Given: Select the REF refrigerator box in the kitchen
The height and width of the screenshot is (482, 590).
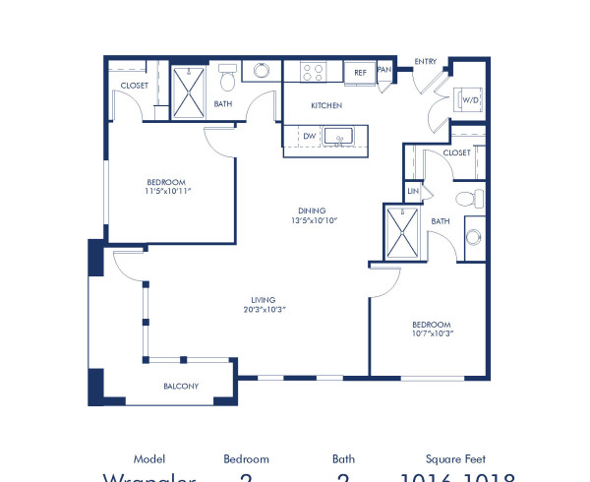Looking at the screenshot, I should click(360, 73).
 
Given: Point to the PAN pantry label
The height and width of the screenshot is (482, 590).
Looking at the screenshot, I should click(384, 71).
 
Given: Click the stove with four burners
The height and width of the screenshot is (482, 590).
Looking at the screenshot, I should click(313, 72).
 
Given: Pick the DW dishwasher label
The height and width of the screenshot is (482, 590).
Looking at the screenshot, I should click(310, 137).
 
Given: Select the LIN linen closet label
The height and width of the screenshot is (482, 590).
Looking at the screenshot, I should click(413, 191).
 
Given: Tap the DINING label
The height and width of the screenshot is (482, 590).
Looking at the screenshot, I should click(313, 211).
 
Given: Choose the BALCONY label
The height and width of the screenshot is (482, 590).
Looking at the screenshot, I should click(181, 387).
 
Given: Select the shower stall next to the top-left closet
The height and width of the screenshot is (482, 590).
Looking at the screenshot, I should click(186, 90).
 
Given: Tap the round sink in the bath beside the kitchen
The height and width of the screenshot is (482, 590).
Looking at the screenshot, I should click(263, 72).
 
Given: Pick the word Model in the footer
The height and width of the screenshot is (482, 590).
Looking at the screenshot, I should click(149, 459).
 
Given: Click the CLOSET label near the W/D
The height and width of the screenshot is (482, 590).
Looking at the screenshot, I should click(456, 153).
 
